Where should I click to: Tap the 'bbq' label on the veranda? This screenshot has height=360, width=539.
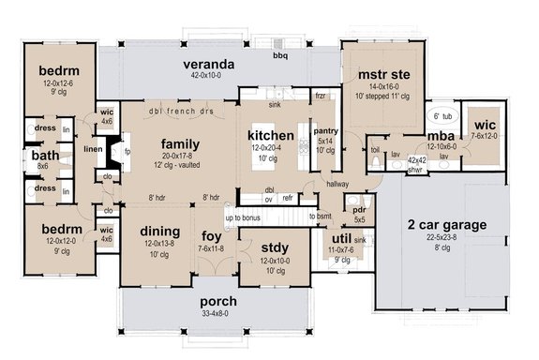pos(280,56)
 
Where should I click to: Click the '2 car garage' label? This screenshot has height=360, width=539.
pos(448,225)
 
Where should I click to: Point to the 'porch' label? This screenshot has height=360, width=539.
pos(217,302)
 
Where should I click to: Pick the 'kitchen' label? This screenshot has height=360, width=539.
pos(271,136)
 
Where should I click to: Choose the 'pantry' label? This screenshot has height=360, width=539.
pos(326,130)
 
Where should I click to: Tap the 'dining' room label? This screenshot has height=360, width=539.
pos(146,232)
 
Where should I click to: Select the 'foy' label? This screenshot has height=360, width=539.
pos(211,235)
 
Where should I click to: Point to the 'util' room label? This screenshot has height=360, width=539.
pos(338,239)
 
